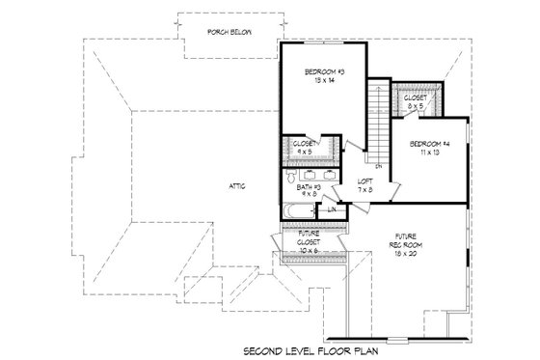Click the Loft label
(x=365, y=180)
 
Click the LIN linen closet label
(x=332, y=208)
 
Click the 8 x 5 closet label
(x=416, y=98)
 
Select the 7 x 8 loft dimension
(x=365, y=189)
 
